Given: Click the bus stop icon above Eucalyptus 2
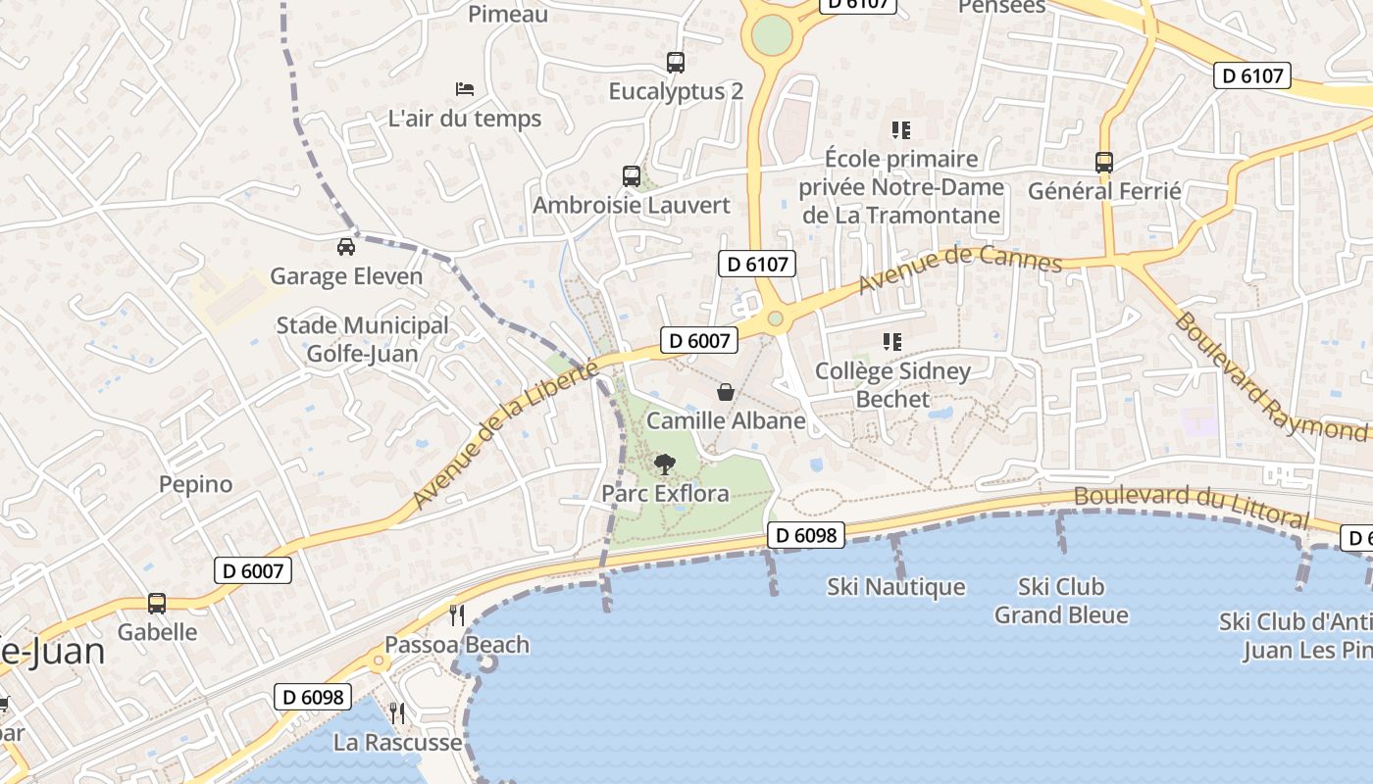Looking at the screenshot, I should click(676, 63).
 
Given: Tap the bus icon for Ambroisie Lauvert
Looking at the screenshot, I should click(632, 176).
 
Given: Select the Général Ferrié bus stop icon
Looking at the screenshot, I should click(1104, 163).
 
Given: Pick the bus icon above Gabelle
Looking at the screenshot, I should click(157, 604).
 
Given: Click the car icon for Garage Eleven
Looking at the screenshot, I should click(346, 247).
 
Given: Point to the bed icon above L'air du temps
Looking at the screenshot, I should click(465, 89).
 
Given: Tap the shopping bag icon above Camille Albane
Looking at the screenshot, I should click(726, 392).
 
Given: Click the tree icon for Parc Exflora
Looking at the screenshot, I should click(665, 464).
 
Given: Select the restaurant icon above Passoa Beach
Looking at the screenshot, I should click(457, 615).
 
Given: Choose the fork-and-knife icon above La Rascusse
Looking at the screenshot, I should click(397, 712).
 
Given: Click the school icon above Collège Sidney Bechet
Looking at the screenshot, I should click(892, 342).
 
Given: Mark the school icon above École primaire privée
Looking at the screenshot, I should click(901, 129).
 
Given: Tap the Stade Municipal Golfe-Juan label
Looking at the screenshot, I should click(362, 339).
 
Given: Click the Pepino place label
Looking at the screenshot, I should click(196, 484).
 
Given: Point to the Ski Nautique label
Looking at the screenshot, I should click(896, 587).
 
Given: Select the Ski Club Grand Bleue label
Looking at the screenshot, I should click(1061, 601).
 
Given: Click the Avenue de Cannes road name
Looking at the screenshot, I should click(960, 270).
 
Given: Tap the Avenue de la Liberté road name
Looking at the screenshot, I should click(505, 435).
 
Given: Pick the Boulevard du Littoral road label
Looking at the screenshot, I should click(1192, 506).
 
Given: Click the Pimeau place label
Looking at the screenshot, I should click(508, 15).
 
